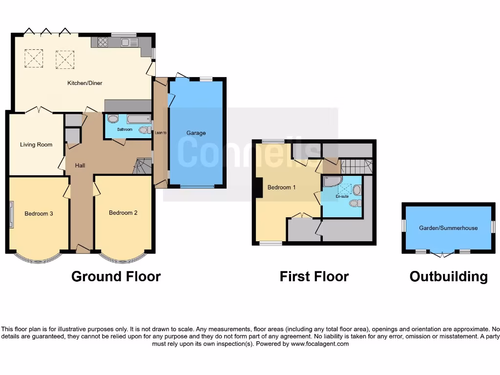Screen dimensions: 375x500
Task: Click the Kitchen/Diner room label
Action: point(85,83)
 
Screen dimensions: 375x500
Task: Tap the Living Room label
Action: point(36,145)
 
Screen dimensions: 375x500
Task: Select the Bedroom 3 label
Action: point(39,213)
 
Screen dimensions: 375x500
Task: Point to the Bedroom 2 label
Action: point(123,213)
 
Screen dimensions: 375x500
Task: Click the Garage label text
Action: point(196,133)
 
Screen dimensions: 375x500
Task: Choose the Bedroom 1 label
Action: point(281,187)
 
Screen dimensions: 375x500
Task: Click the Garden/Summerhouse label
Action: point(448,228)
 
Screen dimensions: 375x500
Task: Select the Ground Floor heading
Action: point(116,276)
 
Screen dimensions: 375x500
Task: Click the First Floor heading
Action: point(314,276)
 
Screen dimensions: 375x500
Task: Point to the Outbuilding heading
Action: point(448,276)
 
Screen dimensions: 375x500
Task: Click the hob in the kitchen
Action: point(103,42)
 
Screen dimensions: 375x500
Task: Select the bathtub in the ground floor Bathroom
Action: point(139,119)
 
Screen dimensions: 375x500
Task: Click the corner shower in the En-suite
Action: point(332,182)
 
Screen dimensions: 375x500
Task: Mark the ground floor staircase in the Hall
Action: point(142,167)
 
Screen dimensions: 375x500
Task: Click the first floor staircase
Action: point(356,167)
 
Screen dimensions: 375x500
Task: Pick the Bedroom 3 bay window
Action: point(38,258)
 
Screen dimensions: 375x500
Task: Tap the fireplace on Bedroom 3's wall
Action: point(11,214)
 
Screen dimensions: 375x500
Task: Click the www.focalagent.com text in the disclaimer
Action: point(319,344)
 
